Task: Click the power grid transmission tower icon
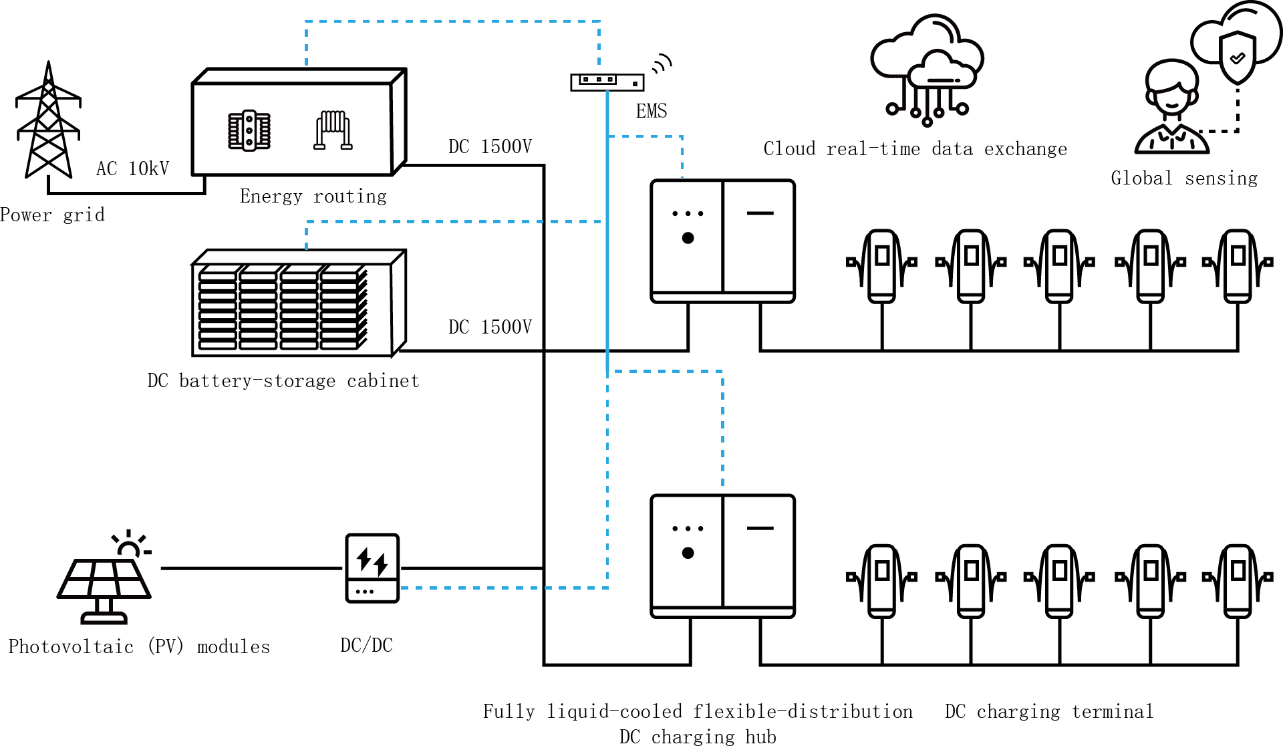tap(48, 120)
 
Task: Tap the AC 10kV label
tap(132, 168)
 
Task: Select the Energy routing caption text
tap(313, 196)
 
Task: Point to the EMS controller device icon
tap(607, 82)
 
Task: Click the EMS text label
tap(651, 111)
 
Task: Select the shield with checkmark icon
tap(1237, 57)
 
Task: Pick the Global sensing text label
tap(1184, 178)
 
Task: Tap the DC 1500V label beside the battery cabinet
tap(490, 327)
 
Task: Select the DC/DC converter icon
tap(372, 568)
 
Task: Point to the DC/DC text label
tap(366, 645)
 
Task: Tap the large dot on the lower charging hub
tap(688, 553)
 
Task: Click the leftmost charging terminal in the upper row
tap(881, 266)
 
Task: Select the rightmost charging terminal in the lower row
tap(1238, 581)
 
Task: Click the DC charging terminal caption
tap(1048, 711)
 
